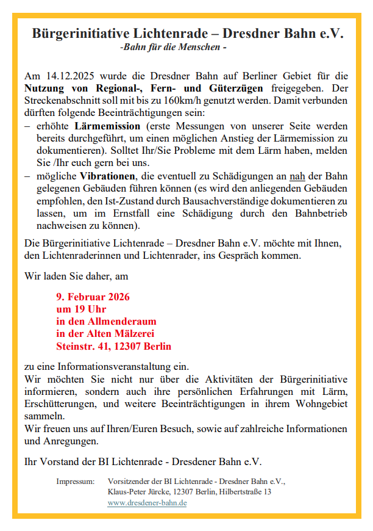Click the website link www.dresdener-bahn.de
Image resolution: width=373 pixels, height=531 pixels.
click(147, 503)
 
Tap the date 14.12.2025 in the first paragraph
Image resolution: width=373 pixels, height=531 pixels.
click(68, 76)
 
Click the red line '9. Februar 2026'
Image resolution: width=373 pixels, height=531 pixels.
click(93, 297)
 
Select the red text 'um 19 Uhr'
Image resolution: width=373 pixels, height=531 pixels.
click(81, 309)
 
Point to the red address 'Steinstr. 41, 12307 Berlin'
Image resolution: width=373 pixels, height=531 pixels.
click(113, 346)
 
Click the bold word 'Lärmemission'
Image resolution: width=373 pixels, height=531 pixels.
click(107, 126)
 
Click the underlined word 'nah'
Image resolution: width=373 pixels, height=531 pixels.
click(297, 175)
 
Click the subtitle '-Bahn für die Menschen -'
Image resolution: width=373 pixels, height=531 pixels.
click(174, 46)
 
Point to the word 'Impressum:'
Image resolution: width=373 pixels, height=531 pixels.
click(76, 481)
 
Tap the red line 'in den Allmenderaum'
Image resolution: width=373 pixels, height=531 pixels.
click(106, 322)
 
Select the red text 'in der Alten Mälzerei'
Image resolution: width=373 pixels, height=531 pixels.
click(105, 334)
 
